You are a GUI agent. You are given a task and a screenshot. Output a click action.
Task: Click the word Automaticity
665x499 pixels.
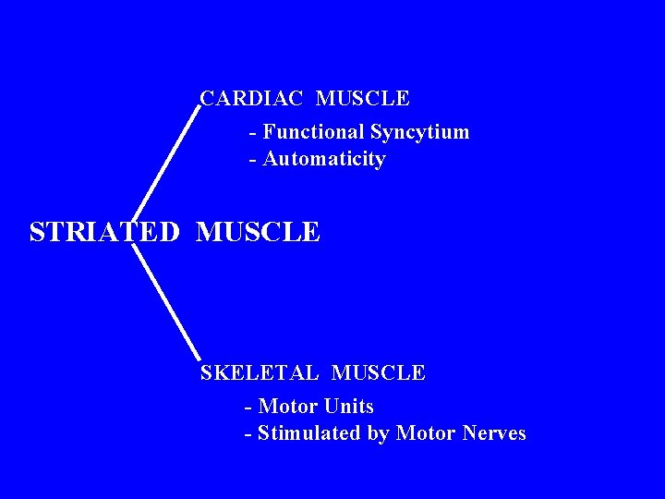click(324, 159)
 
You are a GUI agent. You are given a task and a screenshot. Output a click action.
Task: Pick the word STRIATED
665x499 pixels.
click(104, 232)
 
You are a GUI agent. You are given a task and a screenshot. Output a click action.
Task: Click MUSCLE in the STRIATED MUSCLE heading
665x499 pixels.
click(258, 232)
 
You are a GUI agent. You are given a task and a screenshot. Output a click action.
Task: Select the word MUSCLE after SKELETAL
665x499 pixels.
click(378, 373)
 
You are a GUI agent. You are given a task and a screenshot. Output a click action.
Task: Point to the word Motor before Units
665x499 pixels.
click(289, 407)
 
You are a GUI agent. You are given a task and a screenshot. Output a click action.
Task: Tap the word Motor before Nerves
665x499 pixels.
click(426, 433)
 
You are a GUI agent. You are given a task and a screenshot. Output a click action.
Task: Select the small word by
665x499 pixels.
click(378, 434)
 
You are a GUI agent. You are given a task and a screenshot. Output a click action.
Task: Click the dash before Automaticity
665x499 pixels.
click(252, 160)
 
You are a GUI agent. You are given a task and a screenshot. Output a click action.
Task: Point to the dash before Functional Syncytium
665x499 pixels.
click(252, 133)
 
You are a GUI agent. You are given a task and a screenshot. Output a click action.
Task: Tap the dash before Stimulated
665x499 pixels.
click(248, 434)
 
